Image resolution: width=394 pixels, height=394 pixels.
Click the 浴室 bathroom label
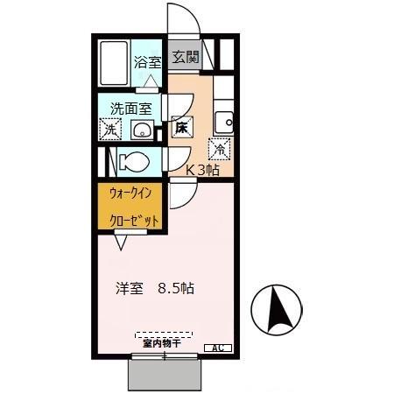pyautogui.click(x=147, y=62)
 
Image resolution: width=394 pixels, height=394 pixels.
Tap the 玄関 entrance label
pyautogui.click(x=185, y=58)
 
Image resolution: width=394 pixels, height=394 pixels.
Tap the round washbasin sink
pyautogui.click(x=140, y=130)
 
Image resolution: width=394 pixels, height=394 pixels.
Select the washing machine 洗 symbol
pyautogui.click(x=109, y=129)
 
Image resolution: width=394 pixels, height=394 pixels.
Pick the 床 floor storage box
pyautogui.click(x=181, y=127)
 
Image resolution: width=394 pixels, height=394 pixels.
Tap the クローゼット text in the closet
pyautogui.click(x=134, y=220)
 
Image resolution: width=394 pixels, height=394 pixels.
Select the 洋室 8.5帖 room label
pyautogui.click(x=154, y=287)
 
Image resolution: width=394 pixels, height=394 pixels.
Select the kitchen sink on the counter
pyautogui.click(x=224, y=121)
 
